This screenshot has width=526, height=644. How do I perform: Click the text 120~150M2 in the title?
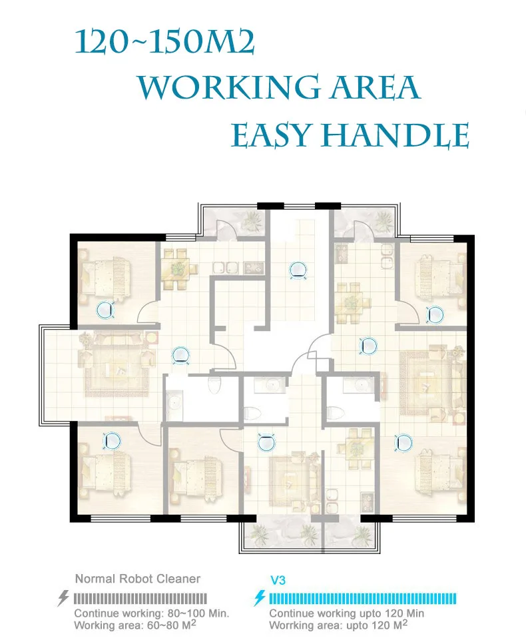(164, 43)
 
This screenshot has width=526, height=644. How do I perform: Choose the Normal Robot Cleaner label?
(138, 579)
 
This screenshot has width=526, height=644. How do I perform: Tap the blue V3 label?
(278, 580)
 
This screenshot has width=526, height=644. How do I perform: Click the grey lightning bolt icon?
(63, 598)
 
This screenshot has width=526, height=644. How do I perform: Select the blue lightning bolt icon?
(260, 598)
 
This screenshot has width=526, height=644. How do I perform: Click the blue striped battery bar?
(362, 599)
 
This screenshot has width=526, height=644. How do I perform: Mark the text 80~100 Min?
(198, 613)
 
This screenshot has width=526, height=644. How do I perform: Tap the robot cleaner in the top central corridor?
(298, 270)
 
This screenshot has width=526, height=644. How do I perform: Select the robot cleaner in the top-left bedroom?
(105, 310)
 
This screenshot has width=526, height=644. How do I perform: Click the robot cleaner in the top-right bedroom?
(435, 314)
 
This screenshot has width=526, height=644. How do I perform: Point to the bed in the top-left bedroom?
(108, 276)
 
